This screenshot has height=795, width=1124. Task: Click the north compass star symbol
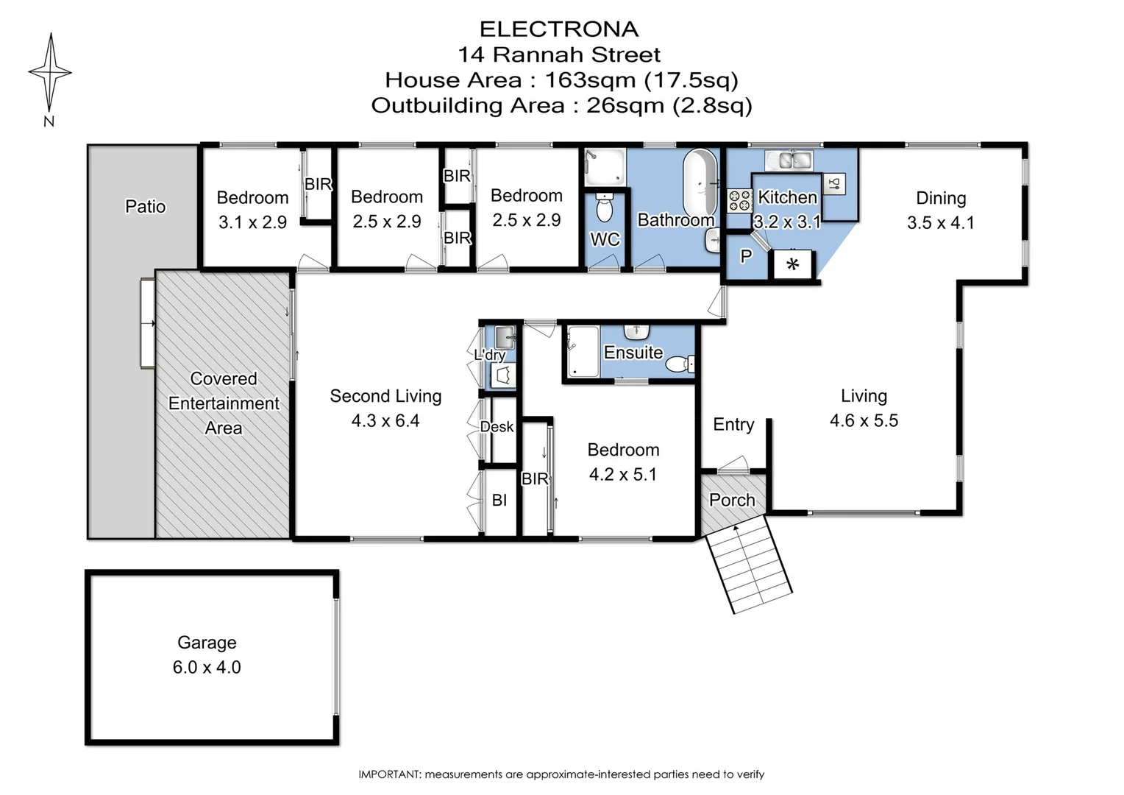point(50,72)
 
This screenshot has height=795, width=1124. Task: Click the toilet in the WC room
point(605,208)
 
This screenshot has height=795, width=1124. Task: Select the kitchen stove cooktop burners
point(739,200)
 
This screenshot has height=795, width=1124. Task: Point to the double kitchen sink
point(788,160)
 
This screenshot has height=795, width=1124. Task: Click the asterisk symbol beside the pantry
point(792,265)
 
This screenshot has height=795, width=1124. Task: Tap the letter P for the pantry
point(746,256)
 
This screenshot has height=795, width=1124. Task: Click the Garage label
point(207,643)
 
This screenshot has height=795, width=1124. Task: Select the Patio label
point(146,206)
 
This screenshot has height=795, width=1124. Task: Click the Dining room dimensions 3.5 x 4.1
point(941,222)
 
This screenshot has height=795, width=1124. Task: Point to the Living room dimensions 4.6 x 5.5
point(864,420)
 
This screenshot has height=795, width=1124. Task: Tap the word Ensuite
point(633,353)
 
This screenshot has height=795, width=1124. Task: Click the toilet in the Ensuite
point(680,363)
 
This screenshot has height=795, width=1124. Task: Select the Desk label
point(497,427)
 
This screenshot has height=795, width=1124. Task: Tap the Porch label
point(732,500)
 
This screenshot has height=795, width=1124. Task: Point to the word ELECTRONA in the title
point(559,29)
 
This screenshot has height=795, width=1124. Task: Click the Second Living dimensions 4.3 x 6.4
point(385,420)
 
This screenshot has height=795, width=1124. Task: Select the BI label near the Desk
point(499,500)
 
